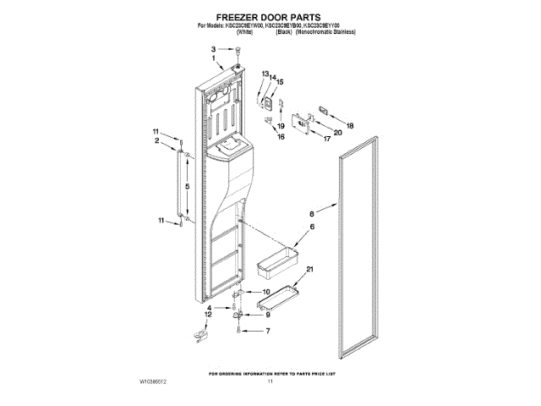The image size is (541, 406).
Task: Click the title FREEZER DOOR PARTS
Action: [x=270, y=16]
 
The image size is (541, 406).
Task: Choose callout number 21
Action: [x=309, y=269]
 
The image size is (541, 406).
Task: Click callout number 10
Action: [x=267, y=292]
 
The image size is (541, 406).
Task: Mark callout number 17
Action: [x=327, y=140]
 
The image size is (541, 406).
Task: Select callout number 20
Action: [x=337, y=133]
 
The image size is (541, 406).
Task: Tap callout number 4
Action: [x=199, y=308]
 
